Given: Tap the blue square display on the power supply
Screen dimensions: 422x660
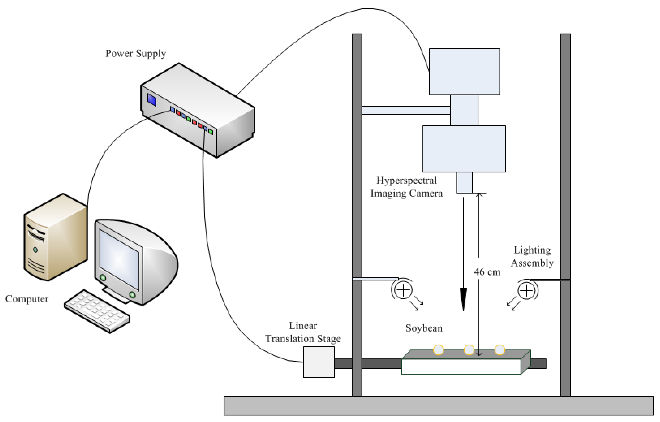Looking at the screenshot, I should click(152, 100).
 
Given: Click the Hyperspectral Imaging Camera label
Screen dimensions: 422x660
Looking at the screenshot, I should click(407, 187).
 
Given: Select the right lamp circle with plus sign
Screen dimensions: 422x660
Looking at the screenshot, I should click(526, 291).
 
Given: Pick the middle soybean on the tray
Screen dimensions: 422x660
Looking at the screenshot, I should click(469, 350).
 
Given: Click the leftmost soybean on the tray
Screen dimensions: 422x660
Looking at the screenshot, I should click(438, 350).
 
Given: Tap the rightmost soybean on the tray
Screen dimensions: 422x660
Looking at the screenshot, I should click(500, 350).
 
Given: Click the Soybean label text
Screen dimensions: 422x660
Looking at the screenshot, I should click(424, 328).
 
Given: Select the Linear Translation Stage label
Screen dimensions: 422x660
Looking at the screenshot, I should click(303, 332).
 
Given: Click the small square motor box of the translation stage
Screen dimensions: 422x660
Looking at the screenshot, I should click(319, 362).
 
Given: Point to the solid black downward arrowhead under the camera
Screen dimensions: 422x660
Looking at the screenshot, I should click(463, 299).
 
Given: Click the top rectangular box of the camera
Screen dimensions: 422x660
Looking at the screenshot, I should click(464, 72).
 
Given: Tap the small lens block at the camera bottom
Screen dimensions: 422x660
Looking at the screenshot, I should click(464, 182).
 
